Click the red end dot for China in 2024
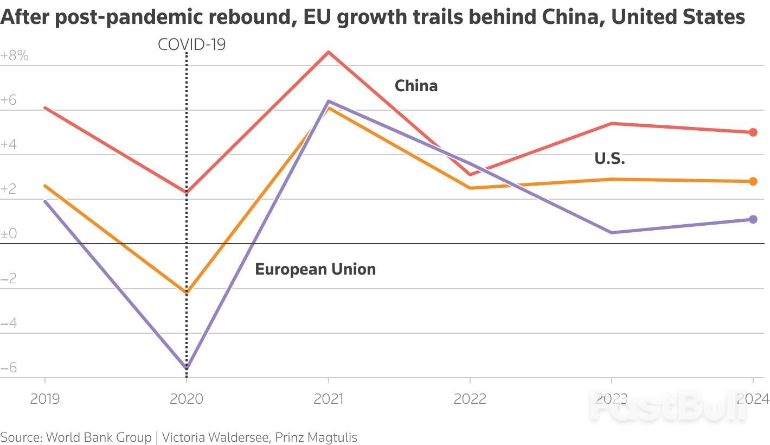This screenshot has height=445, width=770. click(753, 132)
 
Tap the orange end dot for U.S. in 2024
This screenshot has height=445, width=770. click(753, 181)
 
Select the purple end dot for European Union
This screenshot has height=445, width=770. click(753, 219)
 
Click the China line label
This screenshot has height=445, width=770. click(416, 86)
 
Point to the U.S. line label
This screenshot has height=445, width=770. click(609, 159)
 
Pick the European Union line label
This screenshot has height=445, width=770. click(315, 269)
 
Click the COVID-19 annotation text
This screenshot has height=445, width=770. click(191, 44)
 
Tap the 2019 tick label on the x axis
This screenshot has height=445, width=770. click(44, 399)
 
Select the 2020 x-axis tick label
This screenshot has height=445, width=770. click(186, 399)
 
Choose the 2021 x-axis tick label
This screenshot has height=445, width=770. click(328, 399)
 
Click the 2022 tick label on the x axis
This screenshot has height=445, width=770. click(470, 399)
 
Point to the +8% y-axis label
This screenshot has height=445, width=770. click(15, 55)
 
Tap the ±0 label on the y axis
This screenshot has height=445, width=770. click(9, 234)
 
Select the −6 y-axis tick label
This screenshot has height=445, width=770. click(9, 368)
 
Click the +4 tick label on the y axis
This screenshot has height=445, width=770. click(9, 145)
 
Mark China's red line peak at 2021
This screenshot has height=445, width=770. click(328, 52)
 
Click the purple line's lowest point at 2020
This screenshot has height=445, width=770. click(187, 368)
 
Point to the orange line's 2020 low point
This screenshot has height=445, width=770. click(187, 293)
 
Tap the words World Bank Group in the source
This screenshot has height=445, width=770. click(99, 437)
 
